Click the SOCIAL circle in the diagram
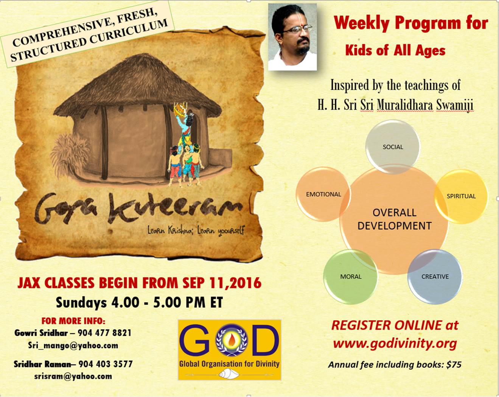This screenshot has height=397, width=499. [x=392, y=147]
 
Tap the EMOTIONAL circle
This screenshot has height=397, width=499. [x=323, y=194]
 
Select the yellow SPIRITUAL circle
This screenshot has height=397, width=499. [x=461, y=196]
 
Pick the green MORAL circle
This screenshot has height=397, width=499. [x=351, y=277]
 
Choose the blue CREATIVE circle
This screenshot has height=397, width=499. [x=435, y=277]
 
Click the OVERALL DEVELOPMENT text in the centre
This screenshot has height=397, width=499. [x=394, y=219]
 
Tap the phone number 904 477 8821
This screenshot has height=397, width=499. [x=104, y=333]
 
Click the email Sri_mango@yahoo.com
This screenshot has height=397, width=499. [x=73, y=346]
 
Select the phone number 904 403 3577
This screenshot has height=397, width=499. [x=106, y=364]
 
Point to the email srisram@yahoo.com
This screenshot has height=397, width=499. [x=73, y=376]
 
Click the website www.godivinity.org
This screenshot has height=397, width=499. [x=395, y=344]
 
